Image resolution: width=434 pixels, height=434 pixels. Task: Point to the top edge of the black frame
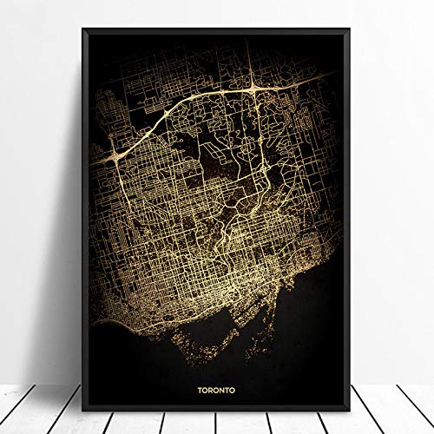click(x=217, y=29)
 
